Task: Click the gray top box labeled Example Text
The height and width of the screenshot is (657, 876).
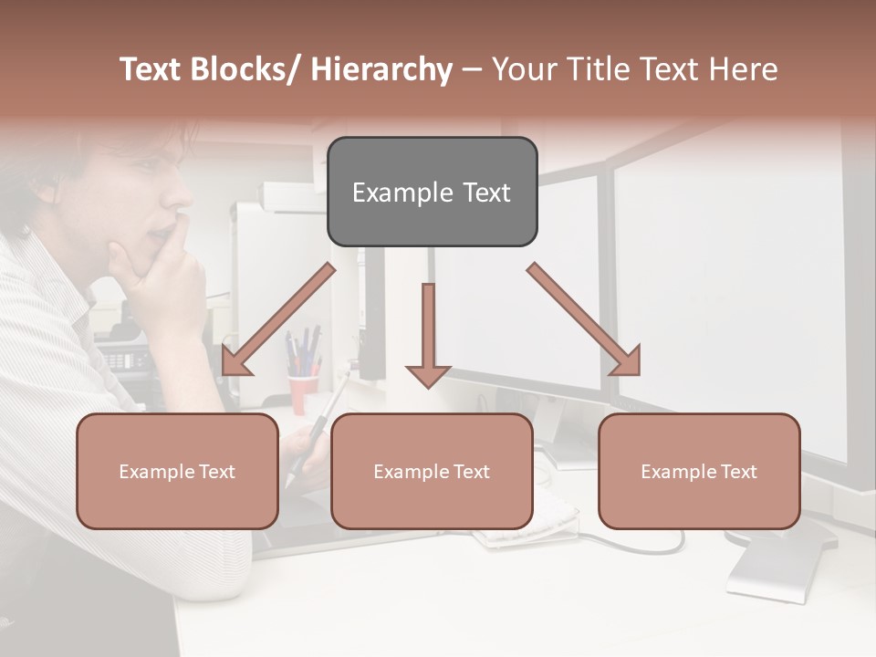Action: pos(432,192)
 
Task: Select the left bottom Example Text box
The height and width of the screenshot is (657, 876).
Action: pos(177,471)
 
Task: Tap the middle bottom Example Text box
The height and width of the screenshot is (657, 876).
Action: pos(432,471)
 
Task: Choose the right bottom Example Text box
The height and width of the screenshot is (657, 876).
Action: pos(699,471)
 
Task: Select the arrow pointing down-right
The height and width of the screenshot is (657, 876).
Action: pos(585,320)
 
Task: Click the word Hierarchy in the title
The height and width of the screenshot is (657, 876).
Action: pos(381,70)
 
